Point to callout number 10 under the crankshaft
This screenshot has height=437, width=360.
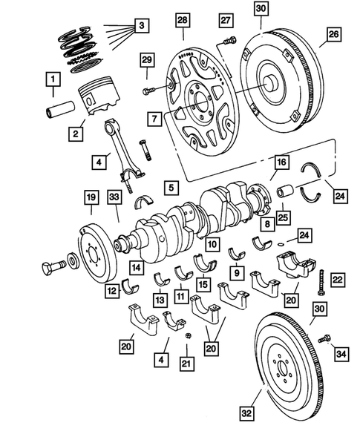coord(212,243)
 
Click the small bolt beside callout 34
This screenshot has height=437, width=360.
coord(323,339)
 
